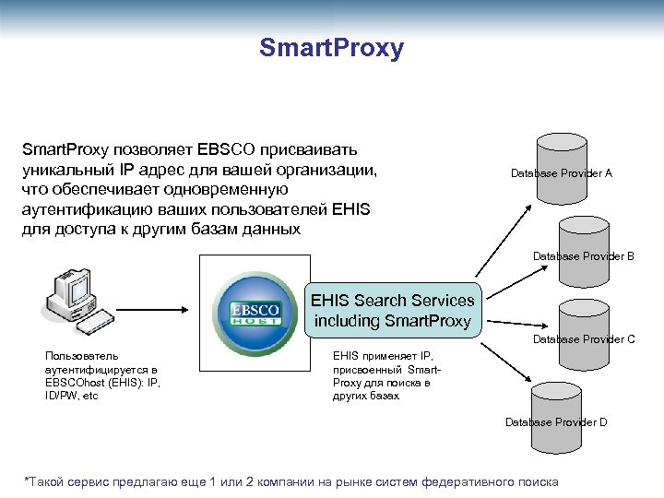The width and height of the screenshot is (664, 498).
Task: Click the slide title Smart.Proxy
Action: (331, 48)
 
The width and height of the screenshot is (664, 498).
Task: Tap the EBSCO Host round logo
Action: (249, 312)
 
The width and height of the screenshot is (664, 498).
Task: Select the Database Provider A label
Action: (561, 172)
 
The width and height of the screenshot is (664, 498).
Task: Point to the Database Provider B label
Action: (583, 256)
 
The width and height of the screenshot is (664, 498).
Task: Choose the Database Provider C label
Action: (584, 339)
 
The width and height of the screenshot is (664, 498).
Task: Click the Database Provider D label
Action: (556, 422)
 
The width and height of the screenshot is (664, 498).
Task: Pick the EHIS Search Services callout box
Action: (392, 311)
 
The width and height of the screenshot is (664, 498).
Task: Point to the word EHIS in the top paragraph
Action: (346, 209)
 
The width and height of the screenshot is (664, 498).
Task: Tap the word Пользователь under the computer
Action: (82, 354)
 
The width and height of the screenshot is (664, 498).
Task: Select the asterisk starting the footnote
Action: (26, 481)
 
